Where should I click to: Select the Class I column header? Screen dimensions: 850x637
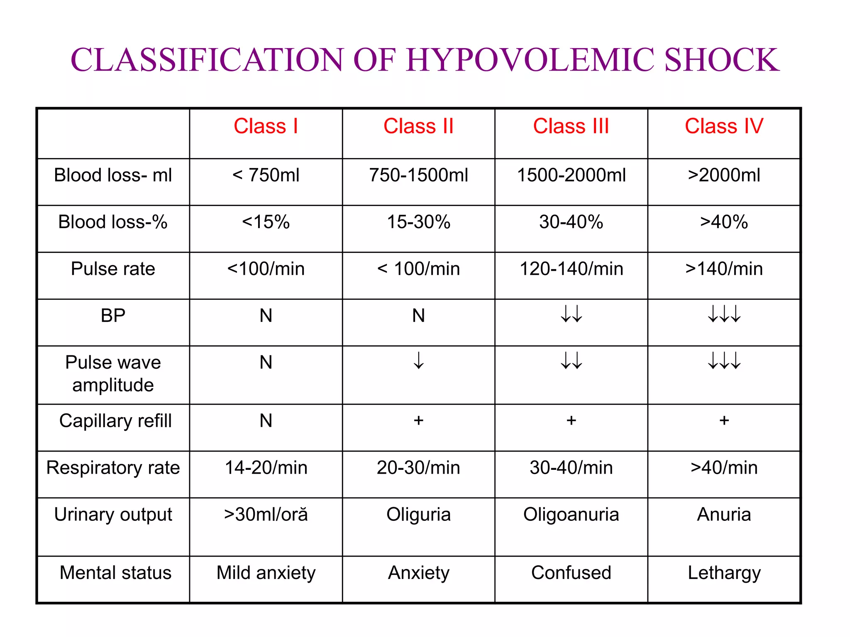click(266, 126)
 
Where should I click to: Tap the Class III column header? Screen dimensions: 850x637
click(571, 126)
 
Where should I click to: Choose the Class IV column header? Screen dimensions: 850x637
click(724, 126)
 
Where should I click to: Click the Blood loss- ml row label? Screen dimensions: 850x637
click(113, 175)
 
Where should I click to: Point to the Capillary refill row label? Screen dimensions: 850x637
click(115, 421)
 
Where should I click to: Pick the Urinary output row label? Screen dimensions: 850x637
click(113, 515)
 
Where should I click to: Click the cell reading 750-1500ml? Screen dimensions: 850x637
click(418, 175)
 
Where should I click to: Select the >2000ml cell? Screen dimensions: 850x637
click(724, 175)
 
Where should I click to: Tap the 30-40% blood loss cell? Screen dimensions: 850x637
click(571, 222)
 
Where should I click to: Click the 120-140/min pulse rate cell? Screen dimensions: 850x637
click(571, 269)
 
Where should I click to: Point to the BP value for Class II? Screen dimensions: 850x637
click(418, 316)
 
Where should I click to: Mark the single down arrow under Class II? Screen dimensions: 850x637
click(418, 360)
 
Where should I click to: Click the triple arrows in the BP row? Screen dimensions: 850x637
click(724, 314)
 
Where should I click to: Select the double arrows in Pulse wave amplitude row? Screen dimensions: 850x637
click(571, 360)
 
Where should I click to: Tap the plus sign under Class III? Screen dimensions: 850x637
click(571, 421)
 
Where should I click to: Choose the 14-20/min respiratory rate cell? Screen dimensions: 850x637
click(266, 468)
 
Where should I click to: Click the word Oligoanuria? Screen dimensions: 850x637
click(571, 515)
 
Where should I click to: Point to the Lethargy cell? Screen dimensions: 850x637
click(724, 573)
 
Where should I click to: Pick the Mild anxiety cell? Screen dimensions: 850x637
click(266, 573)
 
